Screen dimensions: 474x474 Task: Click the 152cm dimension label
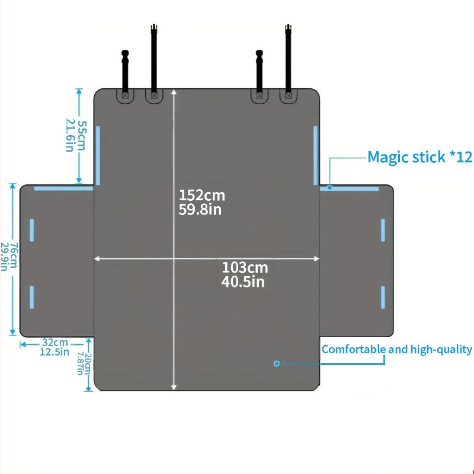(x=202, y=196)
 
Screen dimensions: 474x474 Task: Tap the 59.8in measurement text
(x=200, y=210)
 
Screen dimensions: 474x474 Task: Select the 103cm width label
(x=245, y=268)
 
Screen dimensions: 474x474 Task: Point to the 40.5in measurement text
(x=243, y=282)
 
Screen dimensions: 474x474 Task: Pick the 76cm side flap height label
(x=14, y=255)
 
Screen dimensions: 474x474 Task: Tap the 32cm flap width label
(x=55, y=342)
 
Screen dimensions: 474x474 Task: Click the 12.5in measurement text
(x=55, y=352)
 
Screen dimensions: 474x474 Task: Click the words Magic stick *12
(x=420, y=157)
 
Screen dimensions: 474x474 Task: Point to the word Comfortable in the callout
(x=354, y=350)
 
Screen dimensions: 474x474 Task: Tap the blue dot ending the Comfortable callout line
(x=277, y=364)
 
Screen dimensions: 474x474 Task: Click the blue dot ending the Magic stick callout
(x=330, y=187)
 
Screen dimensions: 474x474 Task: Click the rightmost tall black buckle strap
(x=288, y=61)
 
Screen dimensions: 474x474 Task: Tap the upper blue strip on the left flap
(x=32, y=230)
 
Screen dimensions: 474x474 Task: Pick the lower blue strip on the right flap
(x=383, y=297)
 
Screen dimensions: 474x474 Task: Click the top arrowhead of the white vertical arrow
(x=174, y=92)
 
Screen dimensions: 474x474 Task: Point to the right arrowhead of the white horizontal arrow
(x=316, y=259)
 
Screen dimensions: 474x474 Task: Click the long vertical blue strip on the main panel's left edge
(x=98, y=155)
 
